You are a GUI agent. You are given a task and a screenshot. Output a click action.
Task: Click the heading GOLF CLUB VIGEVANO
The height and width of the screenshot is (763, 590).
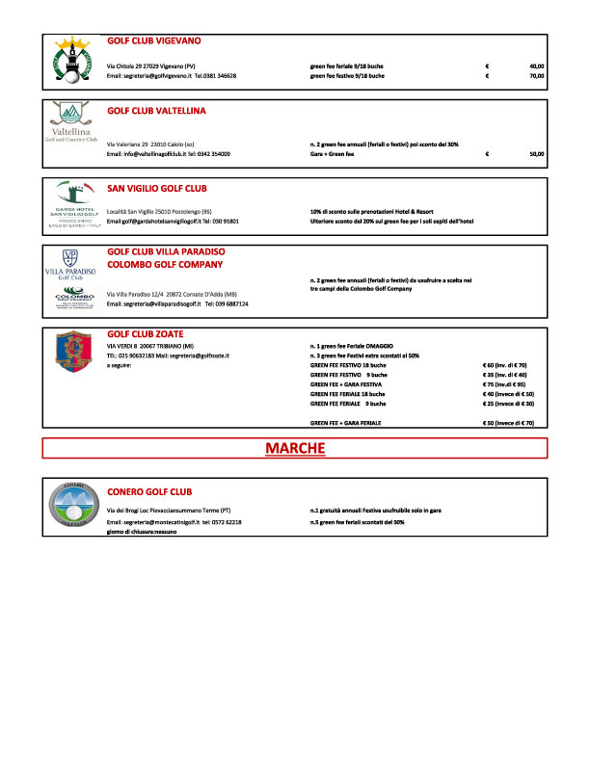(x=153, y=41)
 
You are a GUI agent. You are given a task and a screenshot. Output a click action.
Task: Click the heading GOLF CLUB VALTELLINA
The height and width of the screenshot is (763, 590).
(x=156, y=110)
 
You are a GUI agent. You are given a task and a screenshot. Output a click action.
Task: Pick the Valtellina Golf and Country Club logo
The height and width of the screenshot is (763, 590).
(x=73, y=126)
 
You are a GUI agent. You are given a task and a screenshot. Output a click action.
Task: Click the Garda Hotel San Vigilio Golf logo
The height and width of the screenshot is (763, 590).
(x=73, y=204)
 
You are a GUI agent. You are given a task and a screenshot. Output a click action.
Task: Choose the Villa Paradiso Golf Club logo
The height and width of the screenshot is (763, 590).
(x=73, y=264)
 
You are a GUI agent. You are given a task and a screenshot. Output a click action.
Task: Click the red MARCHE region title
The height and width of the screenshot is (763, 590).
(x=295, y=448)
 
